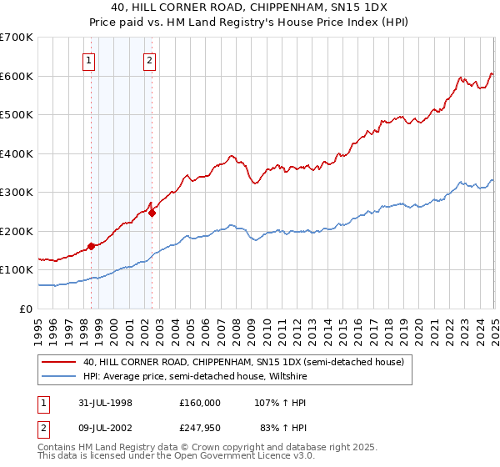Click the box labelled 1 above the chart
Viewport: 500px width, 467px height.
(x=88, y=59)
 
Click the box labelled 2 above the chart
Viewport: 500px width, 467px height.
(x=149, y=59)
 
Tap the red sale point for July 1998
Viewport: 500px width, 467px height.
(x=91, y=246)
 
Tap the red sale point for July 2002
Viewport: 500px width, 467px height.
(x=152, y=212)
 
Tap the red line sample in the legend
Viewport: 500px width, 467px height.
(x=58, y=362)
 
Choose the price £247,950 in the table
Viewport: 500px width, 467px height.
(x=200, y=429)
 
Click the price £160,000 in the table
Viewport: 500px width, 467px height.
(x=200, y=402)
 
